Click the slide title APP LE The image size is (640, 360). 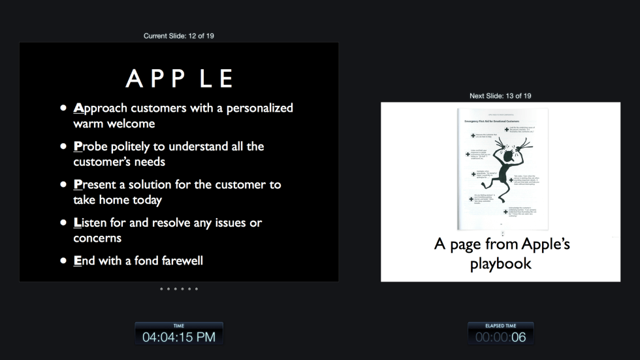click(x=179, y=78)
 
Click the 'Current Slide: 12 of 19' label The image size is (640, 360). click(x=178, y=36)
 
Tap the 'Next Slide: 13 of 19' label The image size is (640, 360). click(x=500, y=96)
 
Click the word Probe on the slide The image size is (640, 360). click(x=91, y=146)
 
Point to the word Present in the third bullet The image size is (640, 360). click(x=96, y=185)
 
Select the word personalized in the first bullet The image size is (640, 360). click(x=259, y=108)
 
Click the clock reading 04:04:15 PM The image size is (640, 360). click(x=179, y=337)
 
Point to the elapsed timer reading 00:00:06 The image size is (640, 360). click(x=500, y=337)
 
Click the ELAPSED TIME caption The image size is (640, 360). click(x=500, y=325)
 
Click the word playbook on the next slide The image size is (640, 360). click(x=500, y=264)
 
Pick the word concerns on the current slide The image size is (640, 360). click(x=97, y=238)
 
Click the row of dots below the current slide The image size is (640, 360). click(x=179, y=289)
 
